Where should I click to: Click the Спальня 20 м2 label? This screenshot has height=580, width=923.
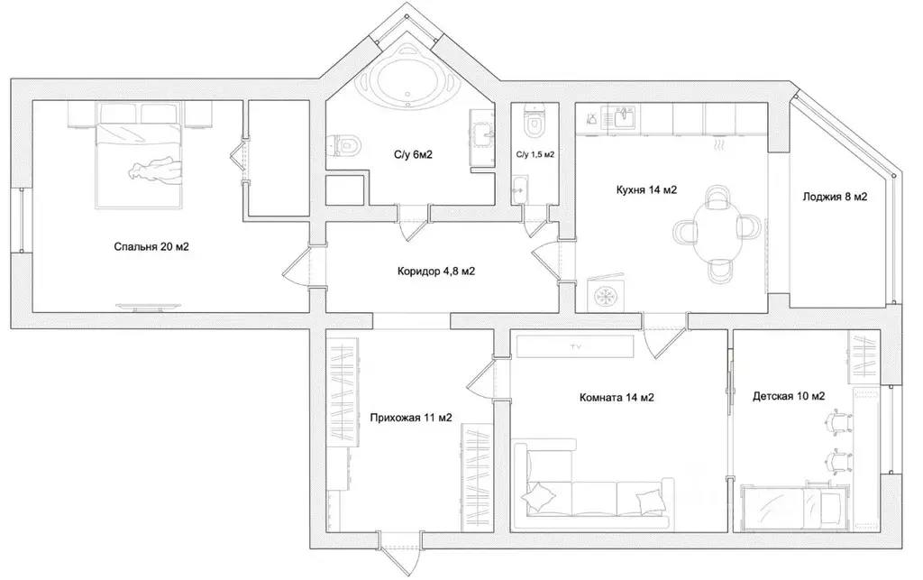(x=151, y=247)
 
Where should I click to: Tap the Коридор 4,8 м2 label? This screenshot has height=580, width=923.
(x=436, y=272)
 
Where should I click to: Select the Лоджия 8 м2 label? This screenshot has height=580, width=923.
(x=835, y=197)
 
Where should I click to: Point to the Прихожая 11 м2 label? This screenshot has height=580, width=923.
(x=411, y=418)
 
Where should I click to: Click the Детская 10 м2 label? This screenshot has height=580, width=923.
(x=789, y=396)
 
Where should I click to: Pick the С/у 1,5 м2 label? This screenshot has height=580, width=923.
(x=535, y=155)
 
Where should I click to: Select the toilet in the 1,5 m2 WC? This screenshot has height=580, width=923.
(x=535, y=120)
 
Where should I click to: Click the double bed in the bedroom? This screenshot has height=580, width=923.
(x=140, y=156)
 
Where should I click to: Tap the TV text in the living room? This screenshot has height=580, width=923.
(x=576, y=346)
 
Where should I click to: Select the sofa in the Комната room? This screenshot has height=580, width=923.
(x=594, y=484)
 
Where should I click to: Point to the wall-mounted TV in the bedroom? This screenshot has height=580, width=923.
(x=148, y=306)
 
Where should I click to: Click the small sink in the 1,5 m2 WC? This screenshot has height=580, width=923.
(x=519, y=189)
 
